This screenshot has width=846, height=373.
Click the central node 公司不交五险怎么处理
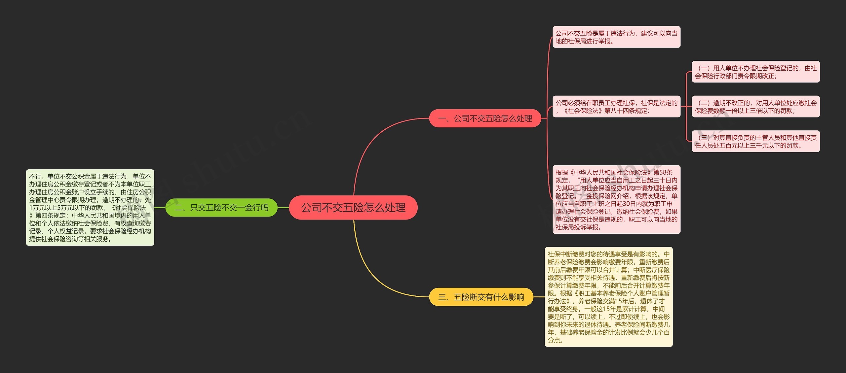353,208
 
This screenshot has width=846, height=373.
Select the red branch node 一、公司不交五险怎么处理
485,118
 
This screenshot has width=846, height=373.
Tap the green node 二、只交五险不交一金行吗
221,208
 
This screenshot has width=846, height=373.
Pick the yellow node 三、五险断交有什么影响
481,297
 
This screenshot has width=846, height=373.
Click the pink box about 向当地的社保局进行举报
616,37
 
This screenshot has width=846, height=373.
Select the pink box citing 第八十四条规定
616,107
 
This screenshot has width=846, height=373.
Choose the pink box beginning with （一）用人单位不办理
755,72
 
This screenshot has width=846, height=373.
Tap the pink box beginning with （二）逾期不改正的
755,107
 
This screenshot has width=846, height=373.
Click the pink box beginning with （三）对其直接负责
755,141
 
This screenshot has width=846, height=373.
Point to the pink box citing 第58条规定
616,200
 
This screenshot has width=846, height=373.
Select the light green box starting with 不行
90,208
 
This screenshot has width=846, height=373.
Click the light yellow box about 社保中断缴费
608,297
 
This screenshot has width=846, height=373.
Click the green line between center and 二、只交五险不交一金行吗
283,208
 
